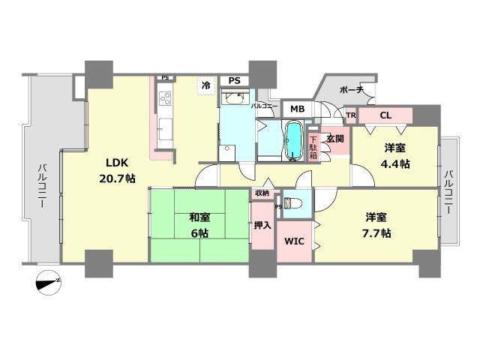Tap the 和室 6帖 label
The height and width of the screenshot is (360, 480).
199,225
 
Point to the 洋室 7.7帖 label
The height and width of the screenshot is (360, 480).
378,225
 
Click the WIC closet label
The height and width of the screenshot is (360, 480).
294,242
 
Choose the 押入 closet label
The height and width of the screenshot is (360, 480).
262,225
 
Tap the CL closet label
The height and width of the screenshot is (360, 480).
385,115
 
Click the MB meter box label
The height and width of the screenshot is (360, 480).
297,109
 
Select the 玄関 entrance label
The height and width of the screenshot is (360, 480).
334,139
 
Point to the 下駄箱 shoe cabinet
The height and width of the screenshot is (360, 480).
314,144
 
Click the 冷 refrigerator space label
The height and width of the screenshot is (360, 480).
205,85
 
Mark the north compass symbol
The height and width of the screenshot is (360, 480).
49,282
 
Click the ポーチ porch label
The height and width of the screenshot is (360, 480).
351,90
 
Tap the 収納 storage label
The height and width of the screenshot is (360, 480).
261,193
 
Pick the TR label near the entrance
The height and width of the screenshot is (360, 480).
350,115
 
